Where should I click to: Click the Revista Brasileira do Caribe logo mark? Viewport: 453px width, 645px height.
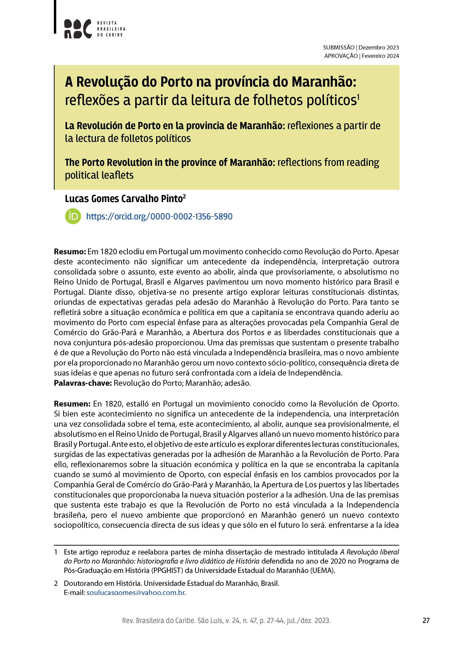point(78,29)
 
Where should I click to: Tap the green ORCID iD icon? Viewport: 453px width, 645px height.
point(73,216)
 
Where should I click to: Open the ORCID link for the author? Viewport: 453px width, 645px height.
point(159,217)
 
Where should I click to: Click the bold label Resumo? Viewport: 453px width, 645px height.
point(70,252)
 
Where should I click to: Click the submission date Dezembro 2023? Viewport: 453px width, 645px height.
point(379,48)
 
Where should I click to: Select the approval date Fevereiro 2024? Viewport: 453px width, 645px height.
point(380,56)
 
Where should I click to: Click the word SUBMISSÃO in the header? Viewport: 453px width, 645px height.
point(339,48)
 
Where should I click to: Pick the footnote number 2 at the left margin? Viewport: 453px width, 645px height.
point(56,583)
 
